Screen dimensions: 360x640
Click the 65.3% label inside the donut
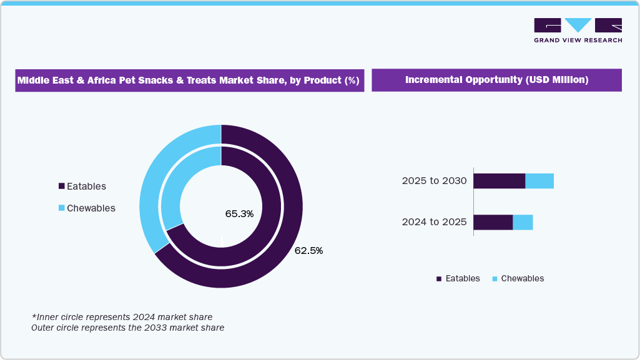pos(239,214)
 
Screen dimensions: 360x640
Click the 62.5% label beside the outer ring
pos(308,251)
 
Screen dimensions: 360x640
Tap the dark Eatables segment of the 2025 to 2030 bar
pos(499,181)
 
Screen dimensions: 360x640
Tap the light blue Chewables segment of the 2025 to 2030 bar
pos(539,181)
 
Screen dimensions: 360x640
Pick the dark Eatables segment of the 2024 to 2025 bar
pos(493,222)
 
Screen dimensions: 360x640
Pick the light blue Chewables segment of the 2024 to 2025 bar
pos(523,222)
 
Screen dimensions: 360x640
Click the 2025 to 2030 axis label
pos(434,181)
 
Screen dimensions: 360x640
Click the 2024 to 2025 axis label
pos(434,221)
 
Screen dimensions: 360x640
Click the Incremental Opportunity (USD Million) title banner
pos(496,80)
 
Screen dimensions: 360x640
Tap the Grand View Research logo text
pos(578,40)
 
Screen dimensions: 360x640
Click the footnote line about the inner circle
pos(122,317)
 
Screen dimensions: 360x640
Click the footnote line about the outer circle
pos(128,327)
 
